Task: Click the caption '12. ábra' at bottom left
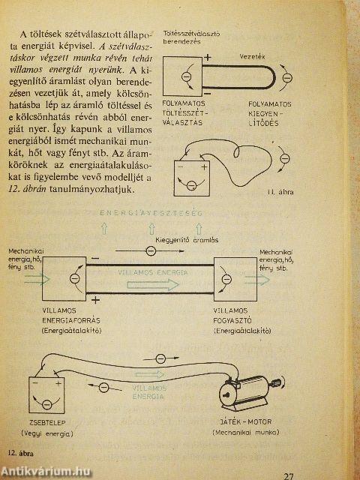(x=22, y=453)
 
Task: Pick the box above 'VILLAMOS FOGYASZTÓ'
(x=235, y=278)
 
